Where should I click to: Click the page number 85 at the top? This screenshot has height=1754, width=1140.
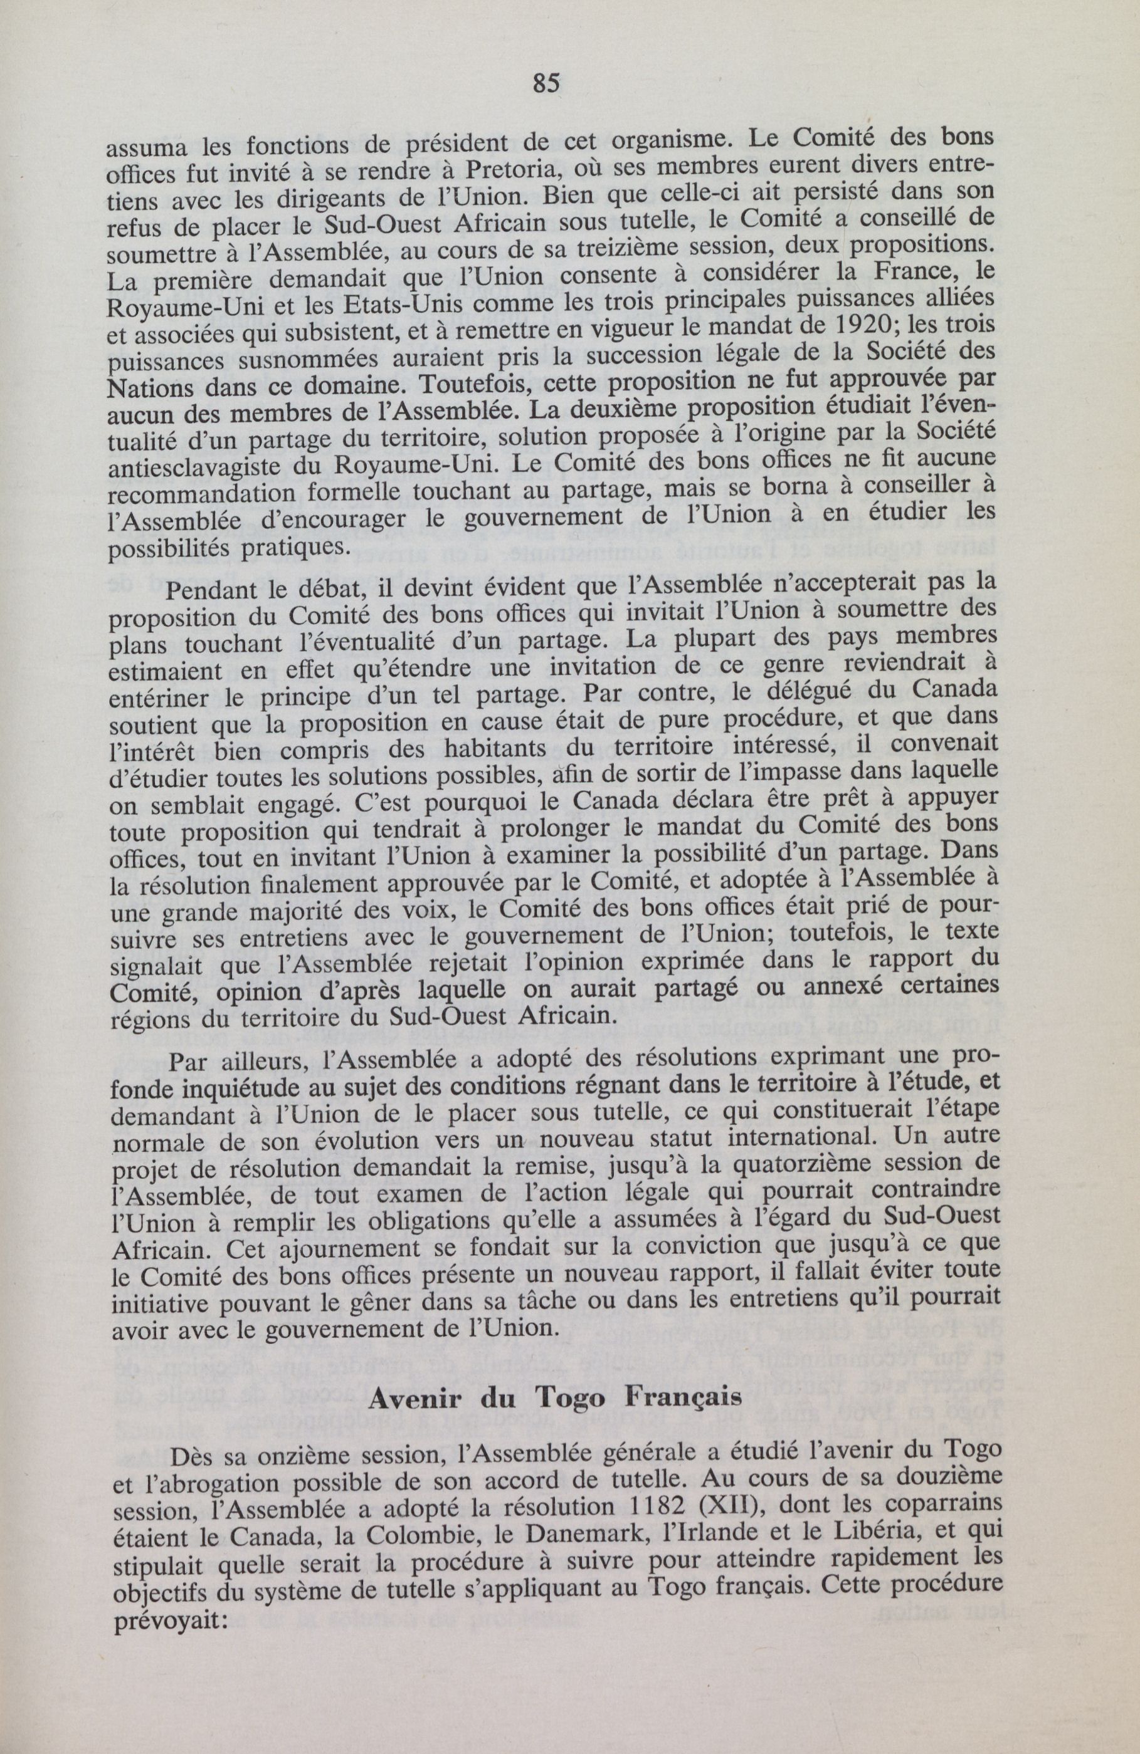[x=546, y=84]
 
